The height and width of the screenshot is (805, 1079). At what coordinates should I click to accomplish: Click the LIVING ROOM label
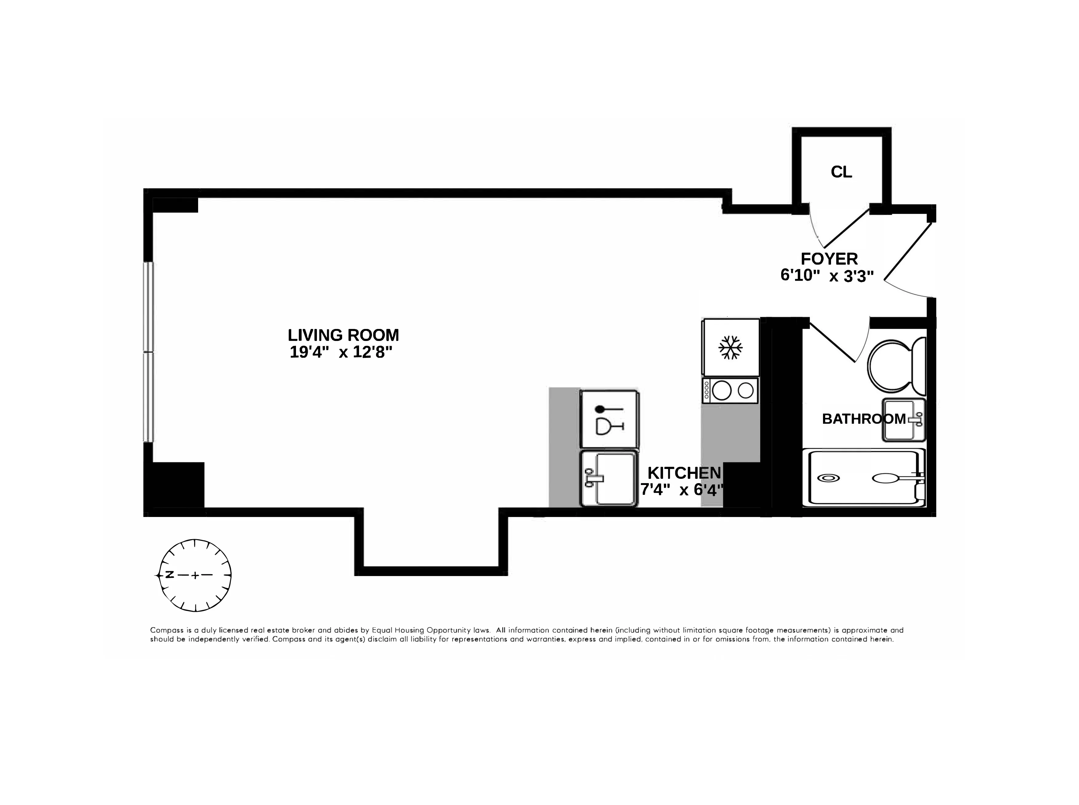[x=343, y=335]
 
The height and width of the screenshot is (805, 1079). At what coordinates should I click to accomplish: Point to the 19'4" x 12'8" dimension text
[x=341, y=352]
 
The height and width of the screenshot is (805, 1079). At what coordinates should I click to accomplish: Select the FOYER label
[x=829, y=258]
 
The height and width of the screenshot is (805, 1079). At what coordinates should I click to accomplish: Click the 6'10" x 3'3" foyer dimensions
[x=827, y=275]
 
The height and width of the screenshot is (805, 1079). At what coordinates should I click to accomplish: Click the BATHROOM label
[x=863, y=419]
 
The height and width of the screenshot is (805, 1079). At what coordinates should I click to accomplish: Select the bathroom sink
[x=903, y=419]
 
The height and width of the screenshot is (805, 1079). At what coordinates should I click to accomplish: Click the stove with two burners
[x=730, y=390]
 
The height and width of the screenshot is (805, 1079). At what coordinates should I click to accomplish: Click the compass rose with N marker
[x=195, y=575]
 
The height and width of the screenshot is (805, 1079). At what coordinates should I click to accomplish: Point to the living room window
[x=148, y=352]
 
